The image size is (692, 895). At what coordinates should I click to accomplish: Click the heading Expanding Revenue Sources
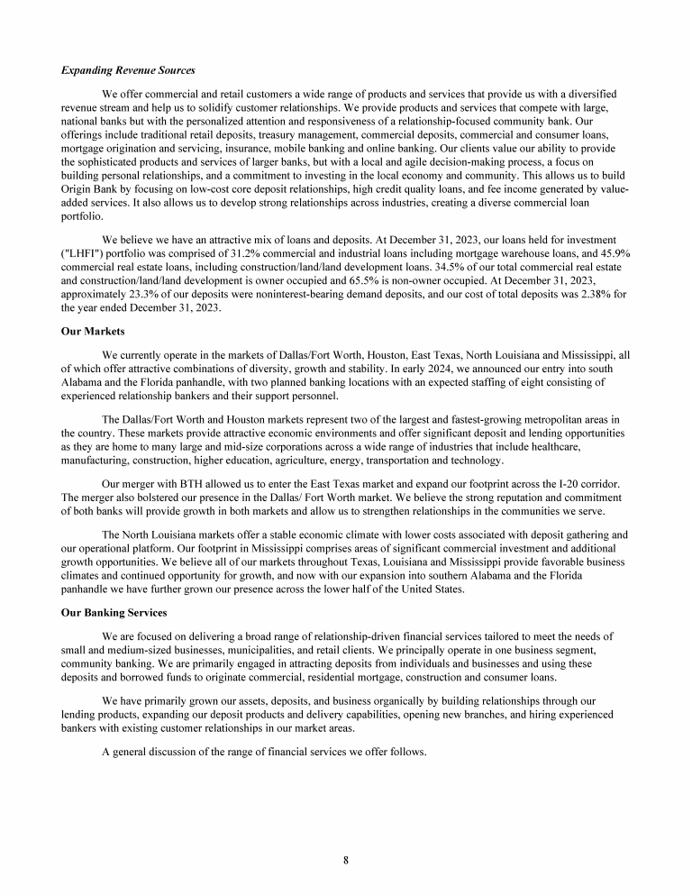tap(128, 69)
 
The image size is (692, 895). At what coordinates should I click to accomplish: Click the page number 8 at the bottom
tap(346, 859)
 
